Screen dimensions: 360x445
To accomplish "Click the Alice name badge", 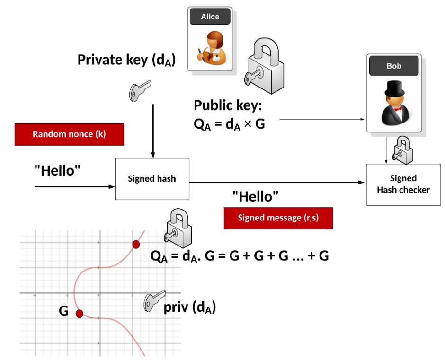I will (x=210, y=17).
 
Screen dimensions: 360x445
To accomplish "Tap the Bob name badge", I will (x=393, y=66).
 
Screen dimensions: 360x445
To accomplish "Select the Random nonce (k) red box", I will (x=69, y=134).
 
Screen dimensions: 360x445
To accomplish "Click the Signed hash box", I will (x=152, y=179).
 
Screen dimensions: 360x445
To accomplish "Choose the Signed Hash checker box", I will (x=403, y=184).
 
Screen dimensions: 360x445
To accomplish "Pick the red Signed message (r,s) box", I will (x=278, y=218).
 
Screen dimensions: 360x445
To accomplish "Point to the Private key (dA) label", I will (x=126, y=60).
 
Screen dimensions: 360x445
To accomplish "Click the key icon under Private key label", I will (x=140, y=90).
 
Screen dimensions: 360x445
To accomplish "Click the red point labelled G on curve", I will (x=79, y=313).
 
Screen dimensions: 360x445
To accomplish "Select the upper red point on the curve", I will (x=136, y=244).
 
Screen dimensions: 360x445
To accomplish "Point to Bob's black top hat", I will (x=394, y=89).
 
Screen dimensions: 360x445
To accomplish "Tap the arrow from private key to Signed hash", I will (x=153, y=130).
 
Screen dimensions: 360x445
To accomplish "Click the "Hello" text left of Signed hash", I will (x=57, y=170).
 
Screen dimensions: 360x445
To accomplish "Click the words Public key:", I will (x=228, y=105).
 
